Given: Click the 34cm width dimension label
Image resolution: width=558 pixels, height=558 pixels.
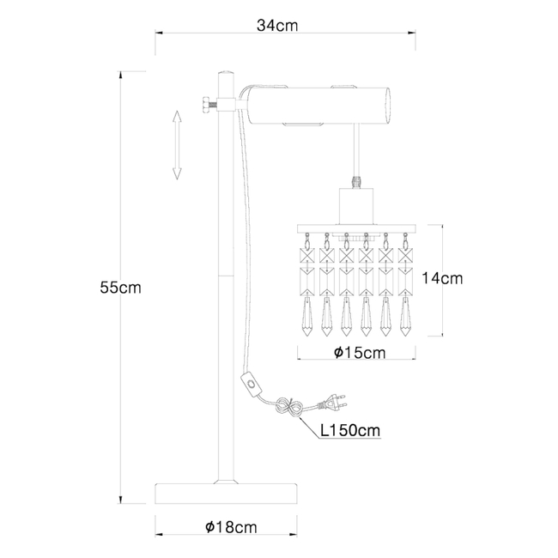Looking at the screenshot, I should (276, 25).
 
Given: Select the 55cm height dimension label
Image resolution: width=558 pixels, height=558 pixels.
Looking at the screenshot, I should (120, 288).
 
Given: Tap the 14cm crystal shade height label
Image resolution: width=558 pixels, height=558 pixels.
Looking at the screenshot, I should (444, 278).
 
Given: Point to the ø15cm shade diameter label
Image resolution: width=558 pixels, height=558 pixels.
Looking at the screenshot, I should (359, 353).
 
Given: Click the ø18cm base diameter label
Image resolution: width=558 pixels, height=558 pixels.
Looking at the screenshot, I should (227, 526).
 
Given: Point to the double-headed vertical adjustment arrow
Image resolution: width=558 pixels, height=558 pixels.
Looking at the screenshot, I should (177, 145).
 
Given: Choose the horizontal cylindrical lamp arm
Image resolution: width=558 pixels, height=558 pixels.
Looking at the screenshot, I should (318, 106).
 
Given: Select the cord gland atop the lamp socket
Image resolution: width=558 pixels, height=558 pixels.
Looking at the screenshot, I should (355, 182).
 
